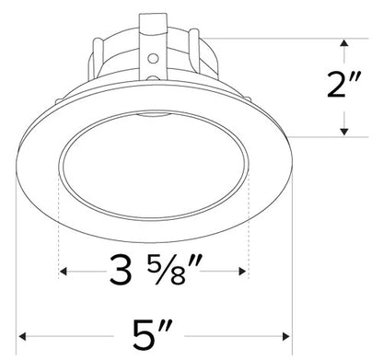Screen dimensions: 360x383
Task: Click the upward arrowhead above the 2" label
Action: point(344,44)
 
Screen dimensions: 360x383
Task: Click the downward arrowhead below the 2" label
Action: point(344,132)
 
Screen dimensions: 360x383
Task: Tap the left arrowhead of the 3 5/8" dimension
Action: point(64,273)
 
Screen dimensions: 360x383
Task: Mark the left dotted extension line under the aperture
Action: point(59,221)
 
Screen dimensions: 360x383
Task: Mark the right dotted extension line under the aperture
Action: point(250,221)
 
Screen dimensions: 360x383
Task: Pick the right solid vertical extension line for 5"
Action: point(294,276)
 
